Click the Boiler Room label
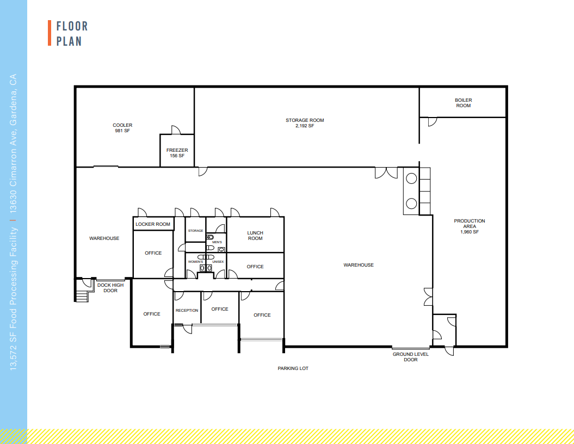tap(463, 103)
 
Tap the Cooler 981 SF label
tap(122, 128)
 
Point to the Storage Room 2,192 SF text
tap(305, 123)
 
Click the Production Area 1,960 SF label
tap(469, 226)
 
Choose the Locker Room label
tap(153, 224)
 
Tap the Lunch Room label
tap(255, 236)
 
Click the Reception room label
tap(187, 311)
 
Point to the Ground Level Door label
tap(411, 357)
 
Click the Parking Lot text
tap(293, 368)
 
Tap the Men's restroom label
tap(217, 242)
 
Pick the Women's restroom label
tap(195, 262)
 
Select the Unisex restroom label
tap(218, 262)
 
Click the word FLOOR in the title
tap(72, 26)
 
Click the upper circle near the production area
tap(411, 178)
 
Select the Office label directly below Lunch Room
tap(255, 267)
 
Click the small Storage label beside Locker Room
tap(195, 231)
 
